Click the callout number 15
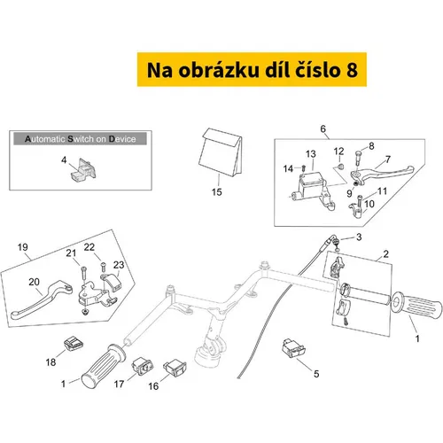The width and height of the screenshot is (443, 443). click(x=216, y=192)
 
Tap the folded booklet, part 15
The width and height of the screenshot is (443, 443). click(x=221, y=152)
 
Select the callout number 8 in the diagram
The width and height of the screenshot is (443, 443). click(x=371, y=146)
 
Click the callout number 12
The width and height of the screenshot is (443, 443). click(x=338, y=152)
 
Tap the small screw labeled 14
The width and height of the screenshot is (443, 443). click(x=303, y=168)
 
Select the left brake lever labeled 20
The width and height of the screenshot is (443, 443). click(x=42, y=299)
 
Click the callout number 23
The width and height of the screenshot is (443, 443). click(x=119, y=265)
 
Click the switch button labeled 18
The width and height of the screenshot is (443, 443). click(x=74, y=344)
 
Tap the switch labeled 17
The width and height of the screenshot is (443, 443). click(x=143, y=366)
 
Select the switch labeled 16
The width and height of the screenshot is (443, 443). click(x=175, y=368)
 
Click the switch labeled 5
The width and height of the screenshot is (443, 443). click(x=294, y=348)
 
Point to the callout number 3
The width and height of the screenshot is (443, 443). click(x=359, y=237)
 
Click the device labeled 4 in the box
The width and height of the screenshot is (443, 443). click(x=83, y=170)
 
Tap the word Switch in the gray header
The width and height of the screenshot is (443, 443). click(x=82, y=139)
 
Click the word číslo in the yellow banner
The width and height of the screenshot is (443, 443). click(x=317, y=70)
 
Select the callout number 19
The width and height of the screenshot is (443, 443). click(x=23, y=247)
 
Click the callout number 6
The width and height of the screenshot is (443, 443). click(x=323, y=128)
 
